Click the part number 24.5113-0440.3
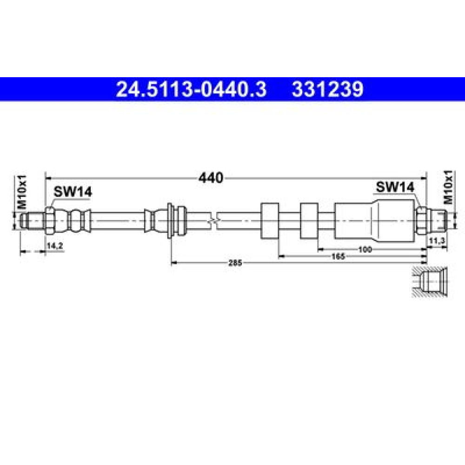coord(191,89)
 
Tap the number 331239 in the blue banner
coord(327,89)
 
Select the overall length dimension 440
coord(211,178)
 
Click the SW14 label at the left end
coord(73,192)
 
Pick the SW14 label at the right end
coord(395,187)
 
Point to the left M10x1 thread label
coord(22,192)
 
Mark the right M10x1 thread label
coord(448,187)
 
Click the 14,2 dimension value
coord(55,246)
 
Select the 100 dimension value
coord(365,249)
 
